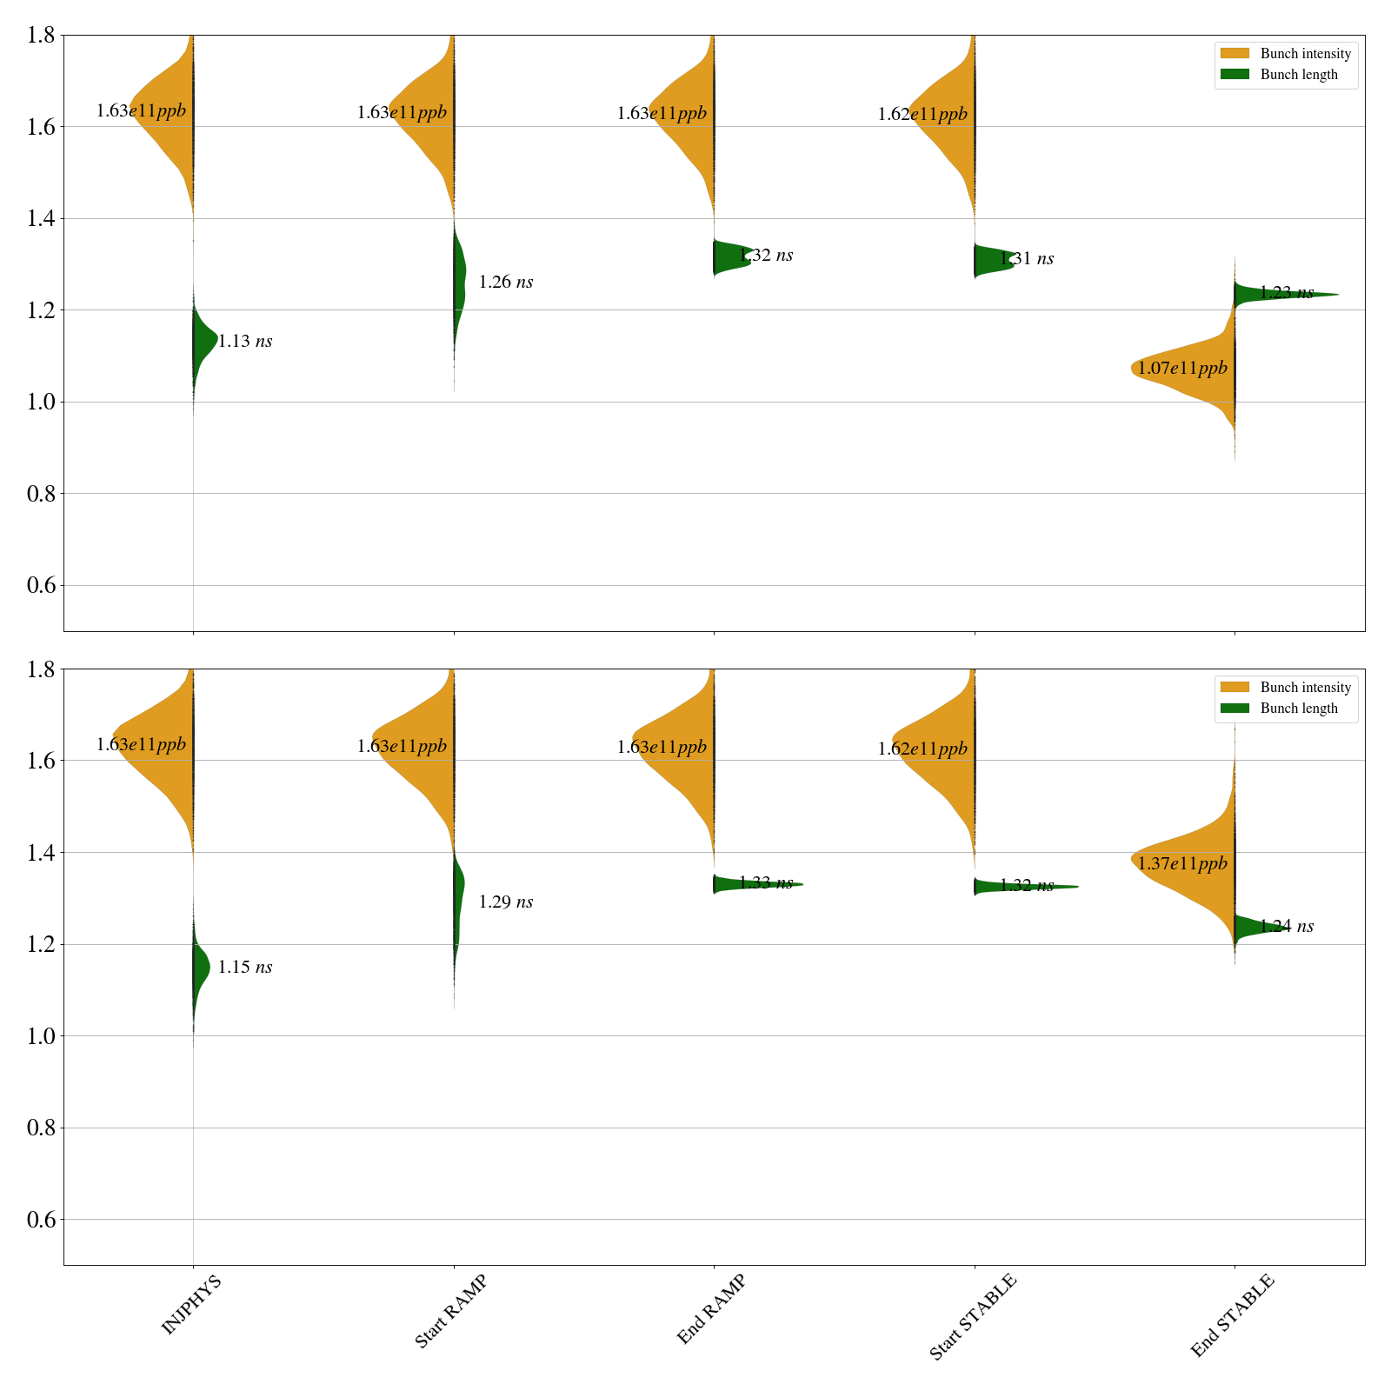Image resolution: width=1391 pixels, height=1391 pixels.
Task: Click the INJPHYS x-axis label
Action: [x=192, y=1303]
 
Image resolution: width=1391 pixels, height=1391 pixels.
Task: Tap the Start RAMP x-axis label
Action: [x=450, y=1311]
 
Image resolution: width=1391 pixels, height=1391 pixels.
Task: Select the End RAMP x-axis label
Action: [x=711, y=1309]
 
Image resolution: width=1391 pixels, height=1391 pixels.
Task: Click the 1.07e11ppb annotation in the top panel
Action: [x=1182, y=368]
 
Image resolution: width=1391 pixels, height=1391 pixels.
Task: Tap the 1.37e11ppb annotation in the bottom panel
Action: [x=1182, y=863]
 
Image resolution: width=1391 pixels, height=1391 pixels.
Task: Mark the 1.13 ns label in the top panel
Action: [x=245, y=342]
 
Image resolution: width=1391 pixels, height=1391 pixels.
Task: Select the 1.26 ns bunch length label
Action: [x=506, y=283]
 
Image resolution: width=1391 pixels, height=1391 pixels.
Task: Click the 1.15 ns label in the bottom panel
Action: [x=245, y=968]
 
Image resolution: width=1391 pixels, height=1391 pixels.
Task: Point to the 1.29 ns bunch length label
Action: [x=506, y=902]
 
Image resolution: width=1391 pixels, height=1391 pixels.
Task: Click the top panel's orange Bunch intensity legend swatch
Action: [x=1235, y=54]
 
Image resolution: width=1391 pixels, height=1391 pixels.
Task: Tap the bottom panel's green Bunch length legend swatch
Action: [x=1235, y=709]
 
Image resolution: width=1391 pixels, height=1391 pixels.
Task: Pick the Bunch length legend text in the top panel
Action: [x=1299, y=75]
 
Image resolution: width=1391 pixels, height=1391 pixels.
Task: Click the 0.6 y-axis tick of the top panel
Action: [x=42, y=585]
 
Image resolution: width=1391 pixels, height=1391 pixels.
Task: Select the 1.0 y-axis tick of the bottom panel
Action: [x=42, y=1036]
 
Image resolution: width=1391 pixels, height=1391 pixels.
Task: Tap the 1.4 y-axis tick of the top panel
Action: [x=42, y=219]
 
